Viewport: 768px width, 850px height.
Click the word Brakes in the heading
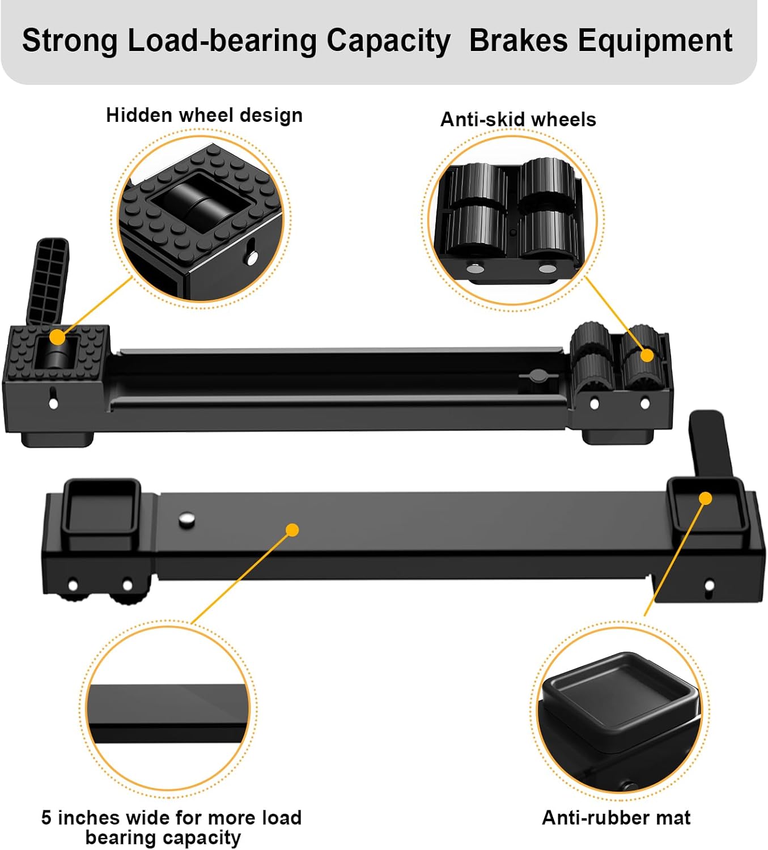click(518, 41)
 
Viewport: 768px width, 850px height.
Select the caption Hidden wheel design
click(204, 115)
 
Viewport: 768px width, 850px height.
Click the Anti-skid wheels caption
click(518, 120)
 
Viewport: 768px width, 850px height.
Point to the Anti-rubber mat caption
click(616, 818)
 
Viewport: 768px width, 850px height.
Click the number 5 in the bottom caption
click(46, 818)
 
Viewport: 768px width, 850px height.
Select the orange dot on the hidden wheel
click(57, 337)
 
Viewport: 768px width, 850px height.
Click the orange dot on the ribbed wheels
click(647, 355)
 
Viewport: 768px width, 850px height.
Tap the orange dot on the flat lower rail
click(292, 530)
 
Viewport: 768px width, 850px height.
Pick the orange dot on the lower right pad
click(705, 498)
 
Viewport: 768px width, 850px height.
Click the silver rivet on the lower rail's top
click(186, 518)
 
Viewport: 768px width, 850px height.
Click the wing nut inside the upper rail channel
click(536, 376)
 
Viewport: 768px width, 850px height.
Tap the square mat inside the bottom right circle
click(620, 691)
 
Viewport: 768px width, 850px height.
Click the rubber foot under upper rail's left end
click(57, 439)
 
